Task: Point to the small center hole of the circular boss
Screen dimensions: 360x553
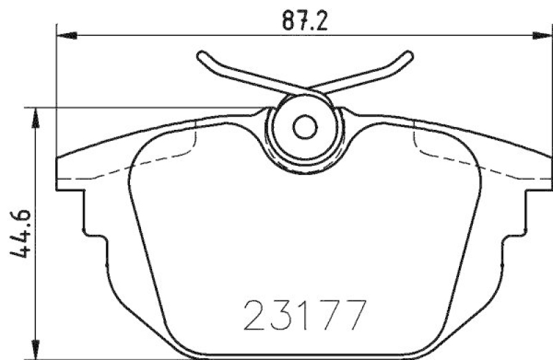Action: pos(304,127)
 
